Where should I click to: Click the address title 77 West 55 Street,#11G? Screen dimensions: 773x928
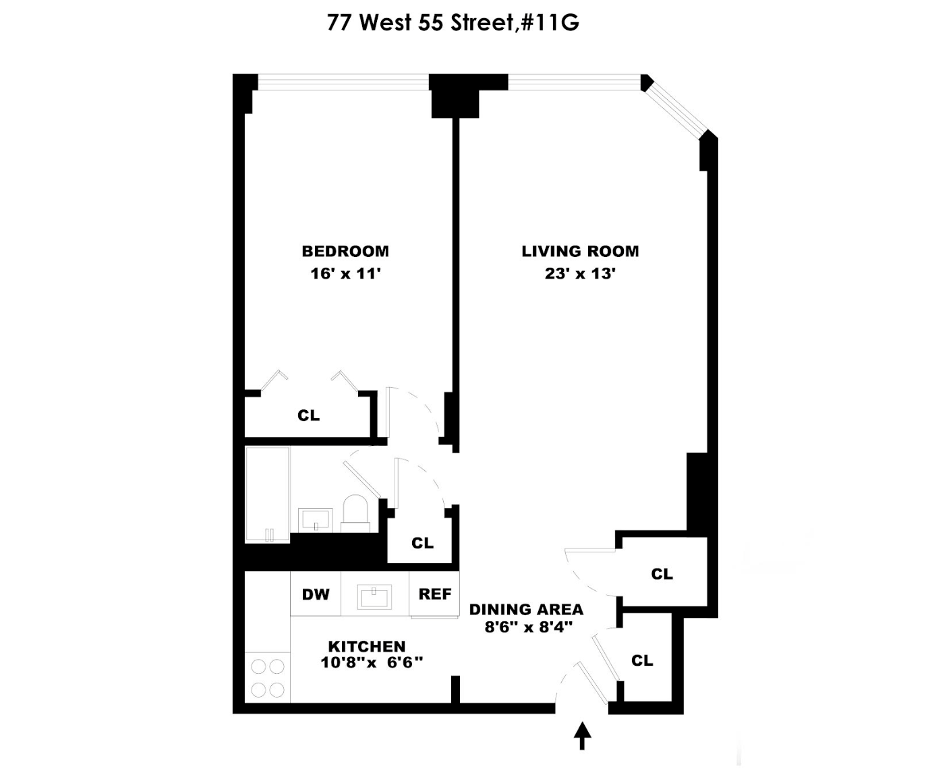[453, 23]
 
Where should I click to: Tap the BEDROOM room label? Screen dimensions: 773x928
[345, 252]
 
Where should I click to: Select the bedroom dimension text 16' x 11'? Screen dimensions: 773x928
[345, 274]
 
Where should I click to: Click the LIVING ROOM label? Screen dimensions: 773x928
[580, 252]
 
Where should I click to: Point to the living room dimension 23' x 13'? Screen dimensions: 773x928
[580, 274]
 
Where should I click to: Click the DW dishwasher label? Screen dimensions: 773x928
[316, 594]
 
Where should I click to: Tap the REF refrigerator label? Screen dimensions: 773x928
[434, 594]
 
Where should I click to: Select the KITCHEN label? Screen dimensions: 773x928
[367, 646]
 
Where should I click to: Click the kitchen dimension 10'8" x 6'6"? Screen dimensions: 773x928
[372, 662]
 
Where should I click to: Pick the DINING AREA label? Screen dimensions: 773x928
[526, 610]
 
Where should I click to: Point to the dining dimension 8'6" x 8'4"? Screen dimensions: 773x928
[528, 627]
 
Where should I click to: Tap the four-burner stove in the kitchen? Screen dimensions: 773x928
[267, 678]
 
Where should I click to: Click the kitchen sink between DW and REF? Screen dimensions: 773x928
[375, 597]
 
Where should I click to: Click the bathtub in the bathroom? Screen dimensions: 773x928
[267, 494]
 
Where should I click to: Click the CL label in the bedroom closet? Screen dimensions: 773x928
[308, 416]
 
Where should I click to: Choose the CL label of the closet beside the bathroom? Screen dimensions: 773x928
[422, 543]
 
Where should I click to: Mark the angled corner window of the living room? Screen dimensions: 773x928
[674, 108]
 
